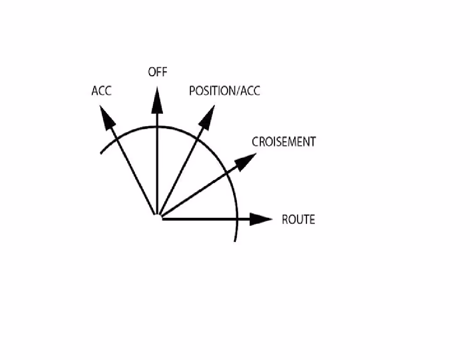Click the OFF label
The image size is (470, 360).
[x=158, y=72]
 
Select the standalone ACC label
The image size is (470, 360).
[x=102, y=91]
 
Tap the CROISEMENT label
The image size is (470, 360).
[x=284, y=142]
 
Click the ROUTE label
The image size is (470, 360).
[x=298, y=220]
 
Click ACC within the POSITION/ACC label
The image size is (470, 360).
[x=250, y=91]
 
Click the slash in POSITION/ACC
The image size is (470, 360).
[x=239, y=91]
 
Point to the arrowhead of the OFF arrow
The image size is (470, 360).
[x=157, y=100]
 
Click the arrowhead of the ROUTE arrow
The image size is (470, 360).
[x=261, y=219]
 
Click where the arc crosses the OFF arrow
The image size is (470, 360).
[x=157, y=127]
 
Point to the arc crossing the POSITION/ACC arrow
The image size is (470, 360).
[x=196, y=139]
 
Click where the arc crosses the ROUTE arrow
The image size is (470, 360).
[x=237, y=219]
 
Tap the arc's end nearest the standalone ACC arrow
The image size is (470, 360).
[x=101, y=154]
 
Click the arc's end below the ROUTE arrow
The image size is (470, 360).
[x=235, y=241]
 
